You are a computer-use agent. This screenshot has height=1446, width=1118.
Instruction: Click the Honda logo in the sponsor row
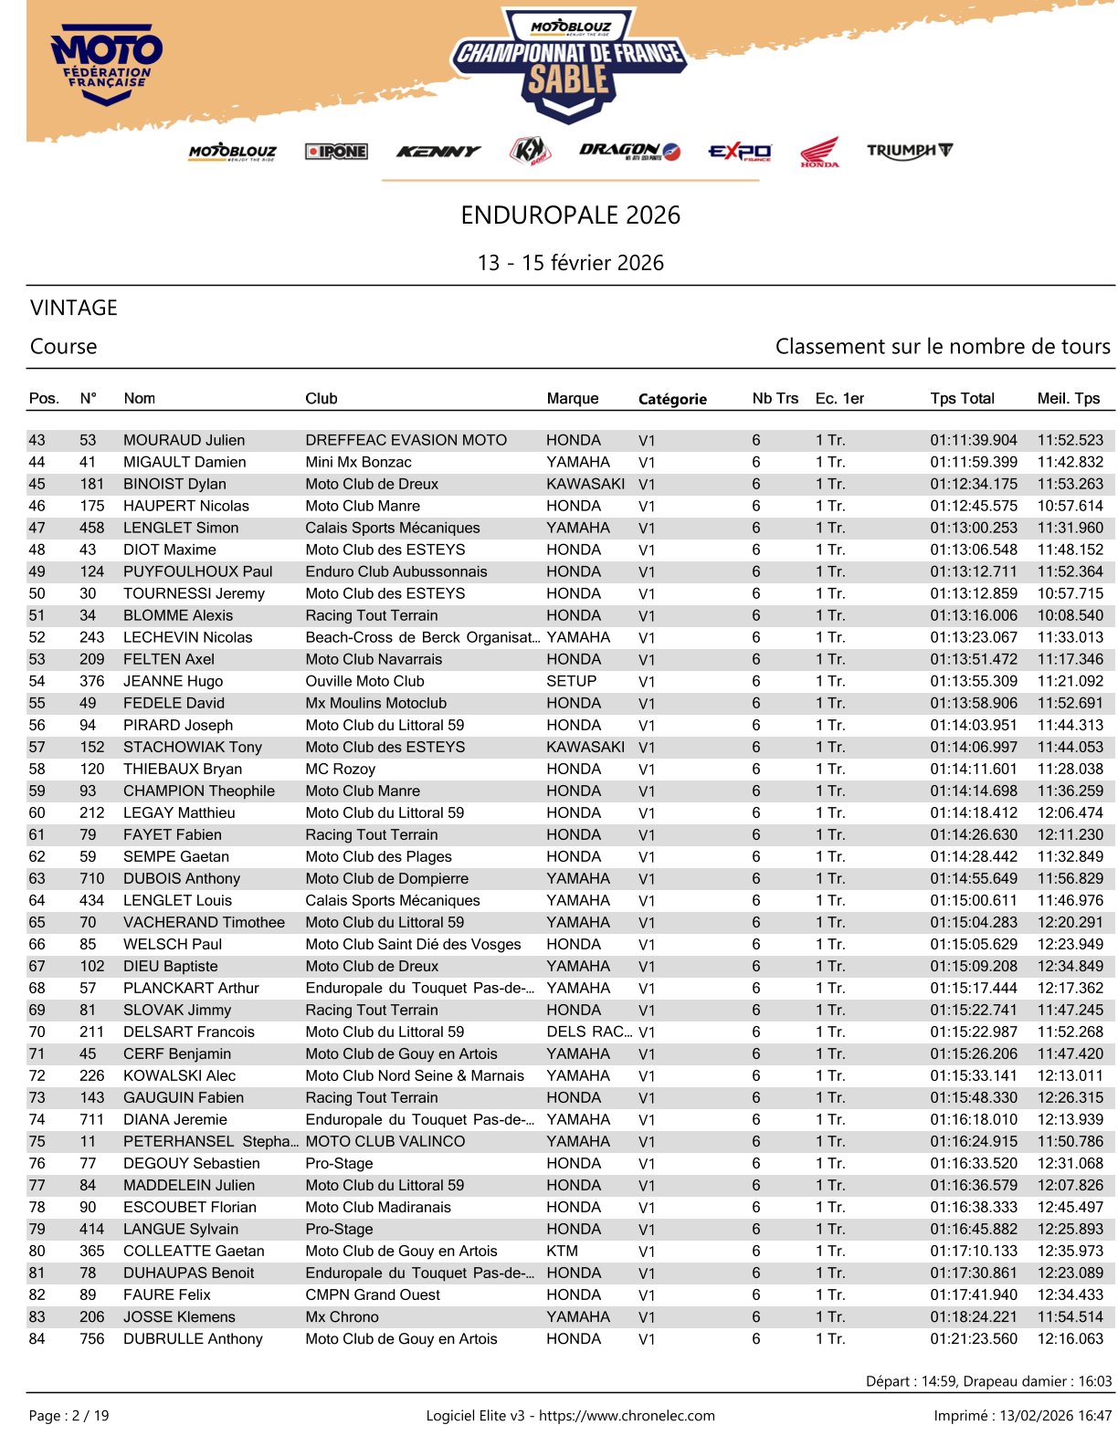(819, 152)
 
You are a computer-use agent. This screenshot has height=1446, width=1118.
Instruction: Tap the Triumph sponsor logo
(909, 151)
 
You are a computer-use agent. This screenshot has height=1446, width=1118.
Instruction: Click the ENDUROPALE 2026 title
(570, 215)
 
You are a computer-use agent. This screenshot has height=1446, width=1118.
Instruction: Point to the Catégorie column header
(672, 399)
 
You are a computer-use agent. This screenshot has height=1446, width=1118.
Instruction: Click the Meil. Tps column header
(1069, 398)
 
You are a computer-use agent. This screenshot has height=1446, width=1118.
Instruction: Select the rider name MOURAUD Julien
(184, 440)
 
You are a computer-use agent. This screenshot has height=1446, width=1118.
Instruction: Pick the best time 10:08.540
(1070, 615)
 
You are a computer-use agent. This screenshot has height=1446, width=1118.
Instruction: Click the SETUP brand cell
(571, 681)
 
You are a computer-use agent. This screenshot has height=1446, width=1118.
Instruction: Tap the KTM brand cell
(562, 1251)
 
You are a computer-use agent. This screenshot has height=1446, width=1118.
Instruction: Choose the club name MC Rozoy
(340, 769)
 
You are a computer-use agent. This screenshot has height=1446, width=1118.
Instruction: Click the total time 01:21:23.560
(973, 1338)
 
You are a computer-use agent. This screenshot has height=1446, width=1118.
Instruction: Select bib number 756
(91, 1338)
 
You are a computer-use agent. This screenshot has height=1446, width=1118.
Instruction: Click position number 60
(37, 812)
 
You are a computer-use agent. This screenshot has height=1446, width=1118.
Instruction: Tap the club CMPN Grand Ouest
(373, 1294)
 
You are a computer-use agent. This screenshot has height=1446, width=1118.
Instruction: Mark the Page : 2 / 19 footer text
(69, 1416)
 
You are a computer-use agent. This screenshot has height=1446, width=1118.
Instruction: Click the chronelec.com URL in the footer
(627, 1416)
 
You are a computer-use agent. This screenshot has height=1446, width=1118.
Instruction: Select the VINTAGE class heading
(74, 308)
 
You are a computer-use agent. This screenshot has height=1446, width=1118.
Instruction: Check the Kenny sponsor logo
(438, 152)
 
